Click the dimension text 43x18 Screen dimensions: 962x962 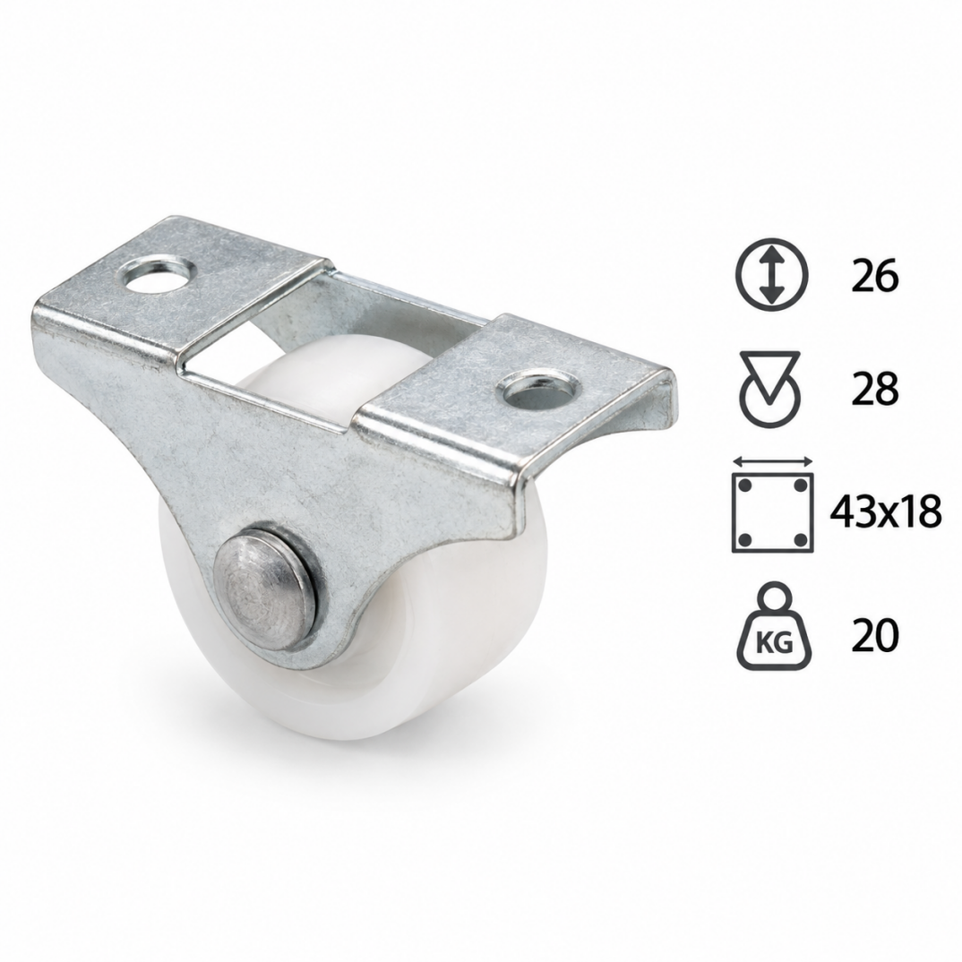tap(885, 513)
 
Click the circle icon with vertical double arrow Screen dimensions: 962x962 tap(772, 273)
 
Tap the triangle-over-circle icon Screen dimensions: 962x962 tap(772, 388)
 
